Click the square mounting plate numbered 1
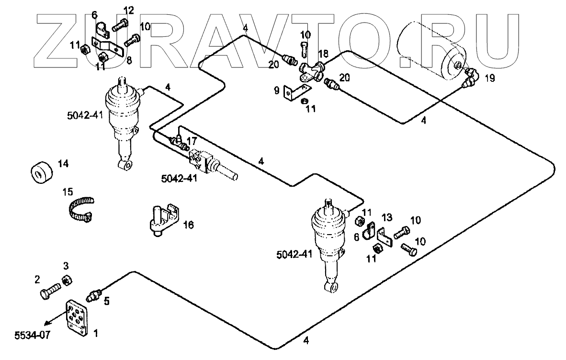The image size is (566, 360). [x=78, y=318]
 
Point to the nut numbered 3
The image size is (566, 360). [x=68, y=281]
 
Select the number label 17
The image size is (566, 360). [x=192, y=141]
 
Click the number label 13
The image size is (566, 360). [x=386, y=218]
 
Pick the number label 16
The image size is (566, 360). [x=189, y=224]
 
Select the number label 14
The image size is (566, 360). [x=63, y=163]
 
